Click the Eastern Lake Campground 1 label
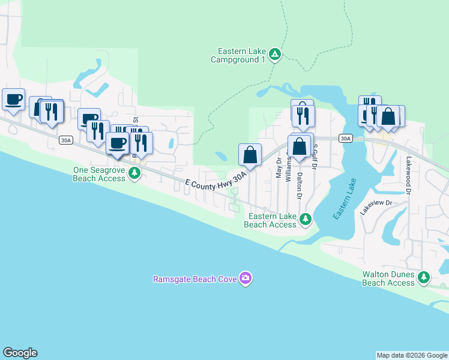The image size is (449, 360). [x=238, y=55]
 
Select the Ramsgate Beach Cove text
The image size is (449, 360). [x=194, y=278]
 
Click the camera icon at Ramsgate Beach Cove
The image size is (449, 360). [x=245, y=278]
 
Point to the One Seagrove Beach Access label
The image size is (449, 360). [x=98, y=174]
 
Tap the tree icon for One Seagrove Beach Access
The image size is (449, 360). [x=136, y=174]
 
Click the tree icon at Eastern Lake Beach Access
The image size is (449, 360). [x=306, y=219]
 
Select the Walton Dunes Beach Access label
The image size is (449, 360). [x=388, y=278]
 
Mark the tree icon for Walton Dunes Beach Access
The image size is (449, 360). [x=424, y=277]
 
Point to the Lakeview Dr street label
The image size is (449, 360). [x=376, y=208]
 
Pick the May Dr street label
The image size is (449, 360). [x=279, y=168]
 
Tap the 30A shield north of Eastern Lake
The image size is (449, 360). [x=345, y=139]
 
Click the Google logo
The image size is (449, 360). [x=20, y=353]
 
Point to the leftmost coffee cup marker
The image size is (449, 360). [x=13, y=100]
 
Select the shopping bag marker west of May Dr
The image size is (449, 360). [x=250, y=155]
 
